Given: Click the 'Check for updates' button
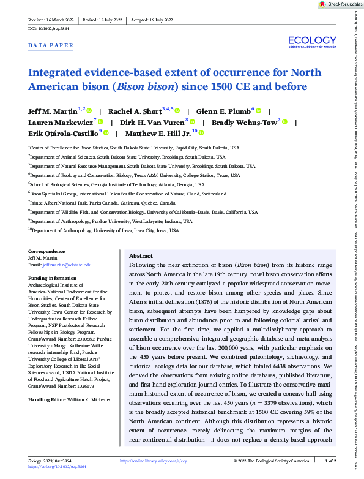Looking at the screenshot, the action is pos(340,4).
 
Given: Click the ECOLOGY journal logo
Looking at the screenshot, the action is pos(312,42).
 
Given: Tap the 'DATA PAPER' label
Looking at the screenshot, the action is pos(51,45).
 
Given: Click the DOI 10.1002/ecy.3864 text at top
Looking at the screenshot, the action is pos(51,29).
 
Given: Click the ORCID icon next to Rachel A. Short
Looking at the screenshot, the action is pos(178,111).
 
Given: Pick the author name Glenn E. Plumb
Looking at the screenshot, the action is pos(226,111).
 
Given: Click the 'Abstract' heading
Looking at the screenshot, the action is pos(141,256).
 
